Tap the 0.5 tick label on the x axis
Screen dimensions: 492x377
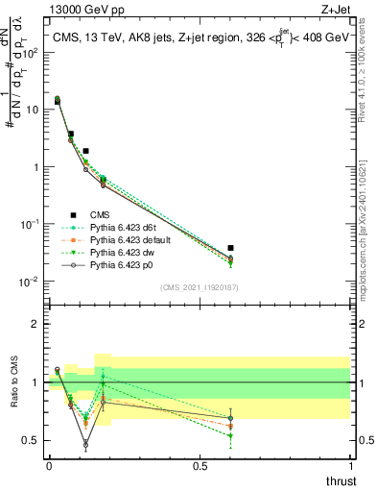coord(200,465)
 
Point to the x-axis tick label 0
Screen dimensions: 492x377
coord(49,465)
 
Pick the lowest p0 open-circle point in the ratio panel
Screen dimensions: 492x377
coord(85,445)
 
